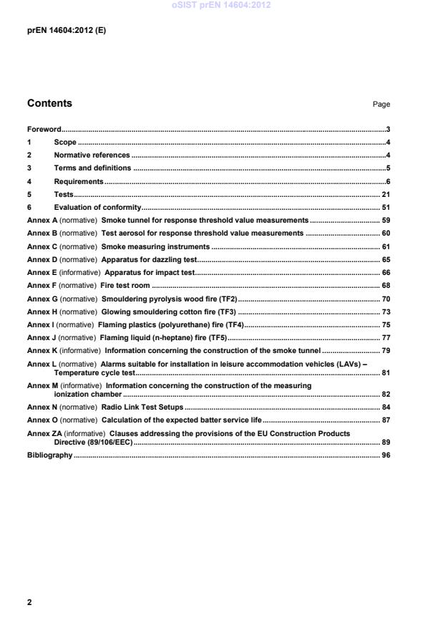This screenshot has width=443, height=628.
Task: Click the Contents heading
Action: tap(49, 103)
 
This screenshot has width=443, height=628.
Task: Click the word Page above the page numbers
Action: tap(381, 105)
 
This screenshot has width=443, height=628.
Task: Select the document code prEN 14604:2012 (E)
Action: tap(67, 31)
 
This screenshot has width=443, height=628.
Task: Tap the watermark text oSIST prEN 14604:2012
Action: tap(221, 6)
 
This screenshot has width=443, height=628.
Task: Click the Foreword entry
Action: tap(44, 130)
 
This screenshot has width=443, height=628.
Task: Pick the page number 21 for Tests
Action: tap(385, 194)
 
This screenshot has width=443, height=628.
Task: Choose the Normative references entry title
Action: tap(92, 155)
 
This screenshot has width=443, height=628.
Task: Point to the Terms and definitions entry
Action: tap(92, 168)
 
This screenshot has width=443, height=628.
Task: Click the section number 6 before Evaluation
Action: tap(29, 207)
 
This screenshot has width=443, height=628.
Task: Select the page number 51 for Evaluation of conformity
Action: tap(385, 207)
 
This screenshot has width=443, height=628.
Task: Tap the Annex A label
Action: tap(42, 221)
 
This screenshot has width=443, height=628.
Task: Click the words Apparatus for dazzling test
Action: tap(149, 259)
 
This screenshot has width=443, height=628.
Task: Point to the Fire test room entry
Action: tap(125, 285)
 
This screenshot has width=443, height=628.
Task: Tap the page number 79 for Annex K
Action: tap(385, 350)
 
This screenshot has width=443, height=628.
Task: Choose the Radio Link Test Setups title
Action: tap(142, 407)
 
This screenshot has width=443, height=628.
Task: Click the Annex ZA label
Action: tap(44, 434)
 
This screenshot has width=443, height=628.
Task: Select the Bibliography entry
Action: tap(49, 455)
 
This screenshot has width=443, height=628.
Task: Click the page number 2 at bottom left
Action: tap(29, 602)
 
